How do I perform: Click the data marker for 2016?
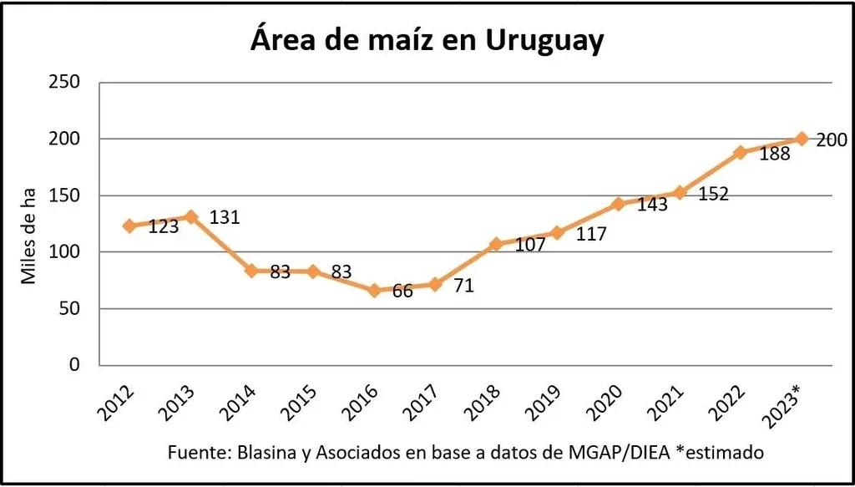click(x=374, y=291)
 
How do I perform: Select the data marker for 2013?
click(x=190, y=216)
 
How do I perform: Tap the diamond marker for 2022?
click(x=740, y=152)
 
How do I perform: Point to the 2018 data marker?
click(x=496, y=244)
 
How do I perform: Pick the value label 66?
click(x=402, y=292)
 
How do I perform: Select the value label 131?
click(x=225, y=217)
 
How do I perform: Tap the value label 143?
click(x=652, y=205)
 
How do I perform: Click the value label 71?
click(x=464, y=287)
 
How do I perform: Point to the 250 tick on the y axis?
click(x=64, y=82)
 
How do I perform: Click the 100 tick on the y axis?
click(x=64, y=251)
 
